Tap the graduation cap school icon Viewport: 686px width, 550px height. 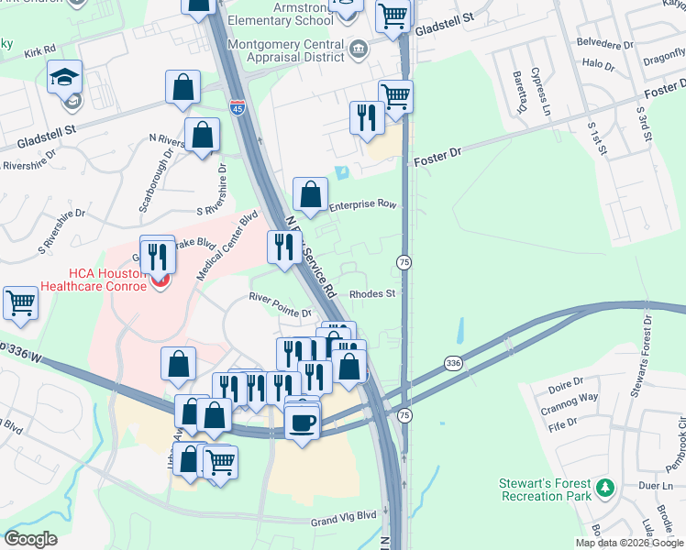pos(65,77)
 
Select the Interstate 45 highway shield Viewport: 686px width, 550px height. pos(237,108)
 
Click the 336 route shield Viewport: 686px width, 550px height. pos(453,363)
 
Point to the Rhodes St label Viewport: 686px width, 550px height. pos(371,294)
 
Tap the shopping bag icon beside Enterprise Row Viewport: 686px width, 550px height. pos(310,194)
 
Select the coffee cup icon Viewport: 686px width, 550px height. pos(302,423)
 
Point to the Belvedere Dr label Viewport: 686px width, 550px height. pos(603,43)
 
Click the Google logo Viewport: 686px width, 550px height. pos(31,538)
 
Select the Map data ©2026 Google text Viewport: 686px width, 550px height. pos(628,543)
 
